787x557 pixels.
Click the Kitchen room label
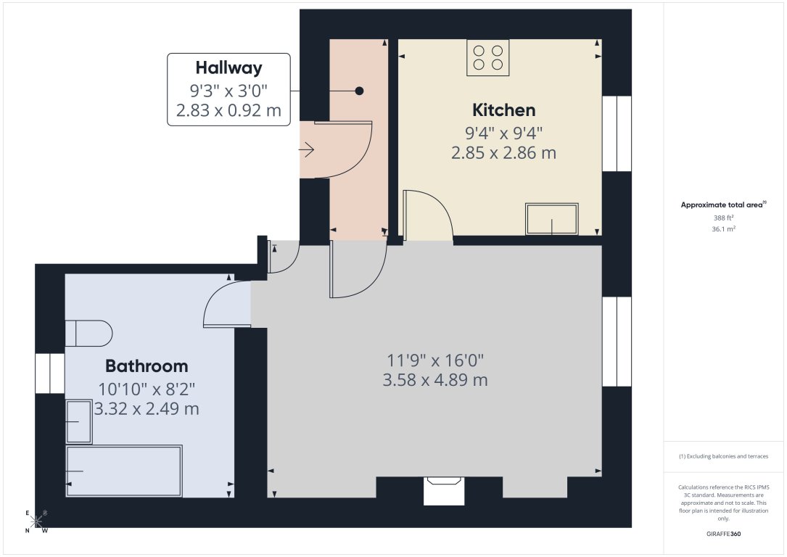click(x=504, y=110)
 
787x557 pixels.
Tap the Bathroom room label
click(x=147, y=366)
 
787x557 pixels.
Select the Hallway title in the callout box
click(x=228, y=68)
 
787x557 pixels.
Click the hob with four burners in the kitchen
click(x=488, y=57)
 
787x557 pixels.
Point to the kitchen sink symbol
click(x=552, y=219)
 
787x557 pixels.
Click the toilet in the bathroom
click(x=89, y=334)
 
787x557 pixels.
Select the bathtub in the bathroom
click(x=123, y=471)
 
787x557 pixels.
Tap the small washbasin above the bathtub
click(x=79, y=421)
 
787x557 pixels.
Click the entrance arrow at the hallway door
click(x=306, y=150)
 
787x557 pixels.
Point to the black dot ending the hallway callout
click(x=359, y=91)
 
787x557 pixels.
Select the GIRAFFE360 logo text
click(x=723, y=534)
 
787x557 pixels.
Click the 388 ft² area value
click(x=723, y=218)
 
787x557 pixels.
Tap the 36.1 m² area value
click(x=723, y=228)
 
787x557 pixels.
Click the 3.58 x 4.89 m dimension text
click(x=434, y=380)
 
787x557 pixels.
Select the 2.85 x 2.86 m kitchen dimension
click(x=504, y=153)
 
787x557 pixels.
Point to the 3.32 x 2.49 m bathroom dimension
click(x=147, y=409)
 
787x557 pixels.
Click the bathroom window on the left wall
click(x=50, y=374)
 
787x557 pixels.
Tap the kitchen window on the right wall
click(x=617, y=133)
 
